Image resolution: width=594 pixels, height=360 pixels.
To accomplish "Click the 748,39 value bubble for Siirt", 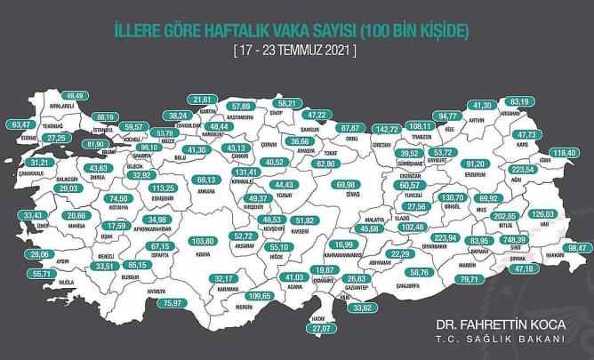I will (x=536, y=240).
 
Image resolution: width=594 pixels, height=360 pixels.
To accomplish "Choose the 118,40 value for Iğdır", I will (x=566, y=154).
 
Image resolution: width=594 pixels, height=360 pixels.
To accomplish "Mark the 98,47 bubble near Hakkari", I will (x=578, y=247).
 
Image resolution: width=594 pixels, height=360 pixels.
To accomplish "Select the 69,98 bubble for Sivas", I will (x=341, y=183).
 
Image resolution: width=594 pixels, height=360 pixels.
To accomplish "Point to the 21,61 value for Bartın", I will (x=205, y=100).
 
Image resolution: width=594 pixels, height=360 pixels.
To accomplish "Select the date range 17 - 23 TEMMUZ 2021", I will (x=296, y=51).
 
